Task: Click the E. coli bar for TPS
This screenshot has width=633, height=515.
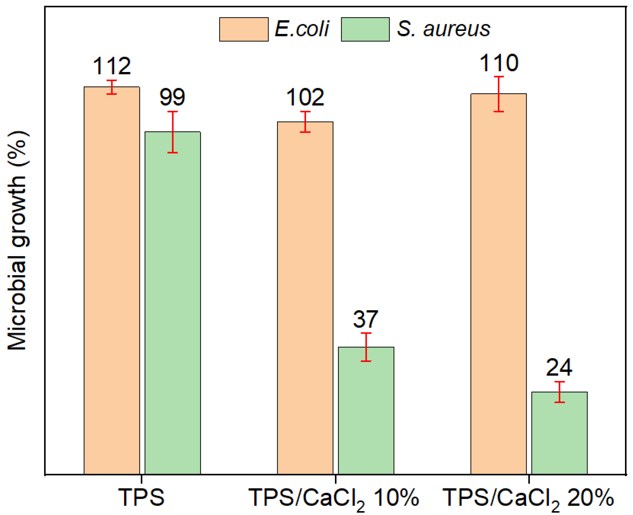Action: [x=112, y=281]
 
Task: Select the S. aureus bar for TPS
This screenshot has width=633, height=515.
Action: [x=173, y=304]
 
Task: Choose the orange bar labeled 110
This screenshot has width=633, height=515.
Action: [x=499, y=284]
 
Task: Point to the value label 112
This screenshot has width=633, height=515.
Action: [x=112, y=66]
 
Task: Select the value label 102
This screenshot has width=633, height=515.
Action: [x=305, y=98]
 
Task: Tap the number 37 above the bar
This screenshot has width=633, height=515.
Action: [x=365, y=319]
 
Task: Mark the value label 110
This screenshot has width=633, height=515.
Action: [x=499, y=63]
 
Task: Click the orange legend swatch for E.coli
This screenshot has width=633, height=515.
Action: [x=244, y=29]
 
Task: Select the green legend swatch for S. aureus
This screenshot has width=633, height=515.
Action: [x=365, y=29]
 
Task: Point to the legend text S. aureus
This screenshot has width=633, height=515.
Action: [x=443, y=29]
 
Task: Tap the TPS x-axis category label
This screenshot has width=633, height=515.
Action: [x=141, y=498]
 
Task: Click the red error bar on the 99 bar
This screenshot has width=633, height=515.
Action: [x=173, y=132]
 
